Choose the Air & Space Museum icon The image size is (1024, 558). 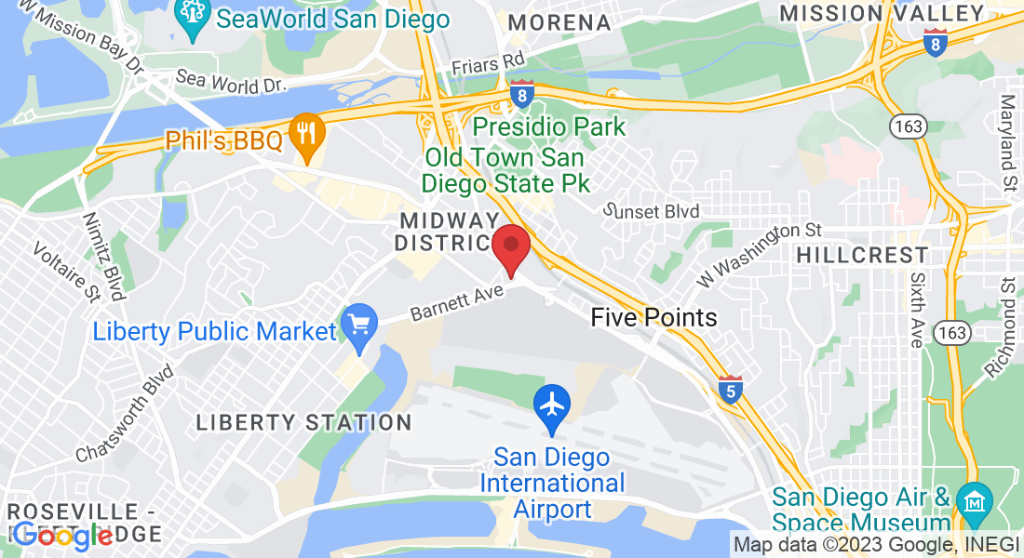974,503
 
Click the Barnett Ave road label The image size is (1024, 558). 456,302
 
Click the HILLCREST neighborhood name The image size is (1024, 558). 863,255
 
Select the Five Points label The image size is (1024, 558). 653,318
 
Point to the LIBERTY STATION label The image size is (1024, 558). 303,422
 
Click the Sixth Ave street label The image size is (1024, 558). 918,311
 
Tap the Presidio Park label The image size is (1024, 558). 549,125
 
